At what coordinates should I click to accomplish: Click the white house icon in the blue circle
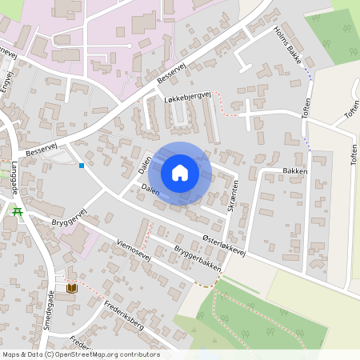pyautogui.click(x=180, y=172)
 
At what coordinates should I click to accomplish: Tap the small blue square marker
pyautogui.click(x=82, y=166)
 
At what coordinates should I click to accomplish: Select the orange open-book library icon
pyautogui.click(x=72, y=287)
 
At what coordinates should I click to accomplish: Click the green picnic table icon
pyautogui.click(x=18, y=212)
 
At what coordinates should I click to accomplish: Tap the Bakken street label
pyautogui.click(x=294, y=171)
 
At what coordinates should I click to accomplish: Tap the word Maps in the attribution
pyautogui.click(x=12, y=354)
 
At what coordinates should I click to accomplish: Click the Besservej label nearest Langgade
pyautogui.click(x=42, y=150)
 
